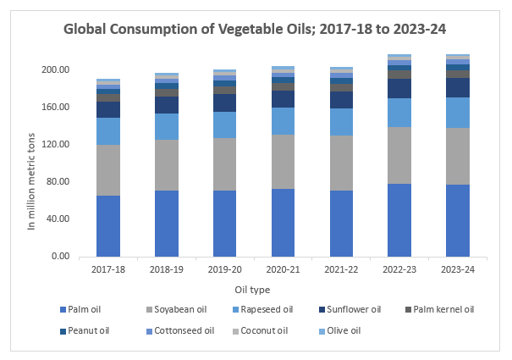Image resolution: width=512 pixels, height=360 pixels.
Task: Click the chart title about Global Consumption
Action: [256, 29]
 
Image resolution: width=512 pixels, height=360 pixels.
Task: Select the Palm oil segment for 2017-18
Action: [107, 226]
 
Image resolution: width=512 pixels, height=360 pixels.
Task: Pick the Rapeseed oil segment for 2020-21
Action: [283, 121]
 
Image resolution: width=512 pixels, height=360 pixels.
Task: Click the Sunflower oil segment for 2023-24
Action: [458, 87]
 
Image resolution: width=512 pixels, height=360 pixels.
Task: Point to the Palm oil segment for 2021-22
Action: [341, 224]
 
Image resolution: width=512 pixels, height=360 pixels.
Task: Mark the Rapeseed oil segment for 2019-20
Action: [224, 125]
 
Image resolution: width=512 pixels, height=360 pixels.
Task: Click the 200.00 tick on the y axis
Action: [57, 69]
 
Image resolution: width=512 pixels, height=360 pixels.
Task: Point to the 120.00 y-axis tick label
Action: [57, 144]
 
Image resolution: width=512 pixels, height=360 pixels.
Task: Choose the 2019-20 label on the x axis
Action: [224, 270]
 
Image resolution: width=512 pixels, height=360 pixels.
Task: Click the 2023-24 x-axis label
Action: [458, 270]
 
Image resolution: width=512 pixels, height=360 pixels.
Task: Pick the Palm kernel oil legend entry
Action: [441, 310]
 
